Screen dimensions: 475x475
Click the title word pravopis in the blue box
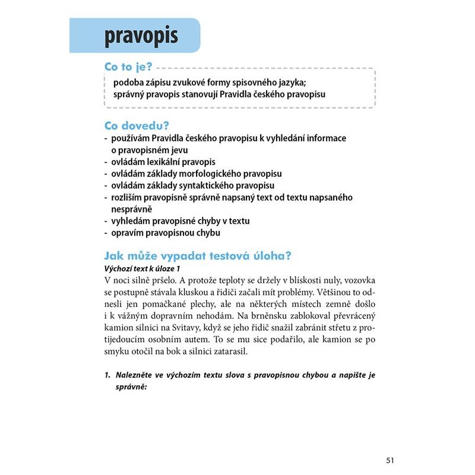[141, 36]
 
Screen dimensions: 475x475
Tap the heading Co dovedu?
[137, 126]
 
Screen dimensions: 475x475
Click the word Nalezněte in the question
[137, 375]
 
